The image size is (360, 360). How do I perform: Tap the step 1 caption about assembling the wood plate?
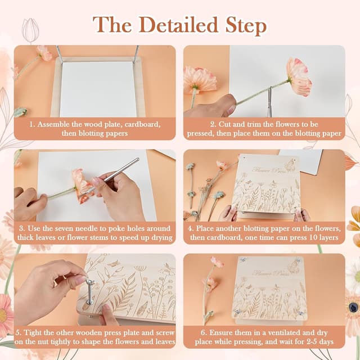click(x=94, y=129)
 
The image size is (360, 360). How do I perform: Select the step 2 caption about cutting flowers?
click(x=264, y=129)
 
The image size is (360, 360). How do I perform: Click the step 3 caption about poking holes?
click(x=94, y=232)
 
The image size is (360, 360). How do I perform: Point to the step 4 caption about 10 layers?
click(x=264, y=232)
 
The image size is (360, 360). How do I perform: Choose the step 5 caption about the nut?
click(x=94, y=336)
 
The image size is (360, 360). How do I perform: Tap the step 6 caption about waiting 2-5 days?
click(x=264, y=336)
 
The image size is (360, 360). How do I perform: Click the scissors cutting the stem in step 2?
click(x=270, y=100)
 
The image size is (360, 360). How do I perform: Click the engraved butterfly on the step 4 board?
click(x=290, y=165)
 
